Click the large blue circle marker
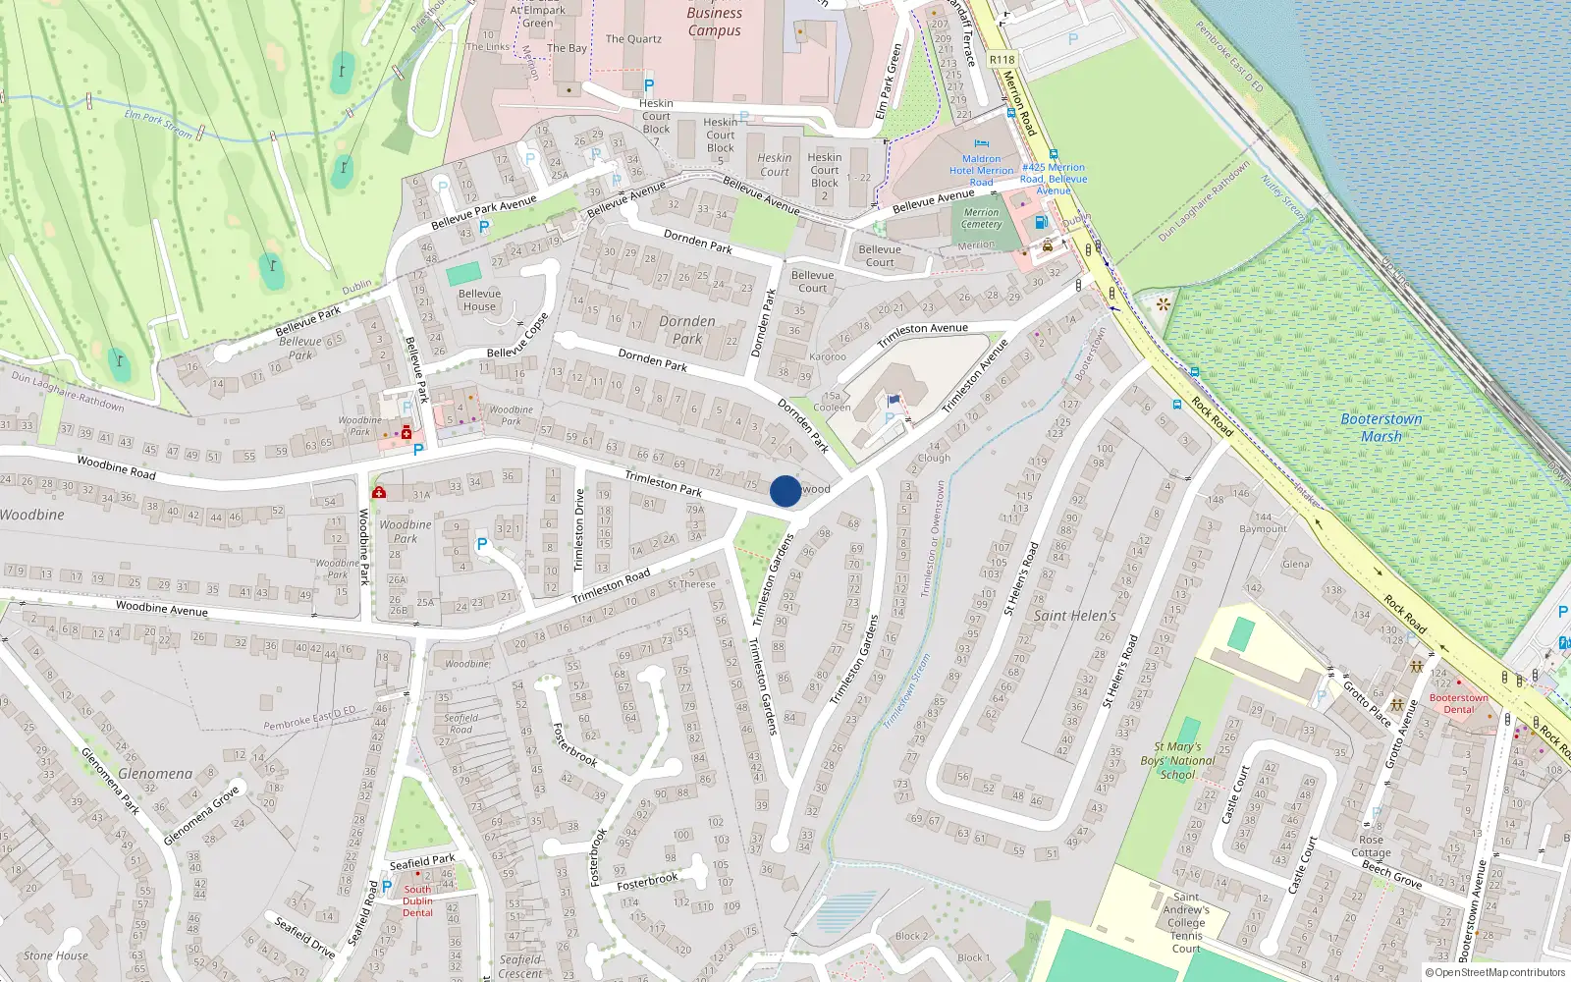point(785,491)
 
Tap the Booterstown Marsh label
point(1381,427)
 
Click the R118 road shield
point(1002,60)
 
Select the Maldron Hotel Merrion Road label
point(982,170)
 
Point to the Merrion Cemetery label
point(981,218)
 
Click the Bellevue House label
point(479,300)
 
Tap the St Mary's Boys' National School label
point(1177,760)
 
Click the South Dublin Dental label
point(417,900)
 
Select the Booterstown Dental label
point(1458,703)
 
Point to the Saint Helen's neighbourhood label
point(1075,616)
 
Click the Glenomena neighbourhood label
point(155,774)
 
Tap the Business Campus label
point(714,22)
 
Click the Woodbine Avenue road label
point(162,609)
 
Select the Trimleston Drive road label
point(578,530)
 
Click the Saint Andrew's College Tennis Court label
point(1186,922)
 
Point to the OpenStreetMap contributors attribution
point(1494,972)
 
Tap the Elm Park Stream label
point(158,124)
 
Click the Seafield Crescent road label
point(520,966)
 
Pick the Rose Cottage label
point(1371,846)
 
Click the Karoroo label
point(828,356)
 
